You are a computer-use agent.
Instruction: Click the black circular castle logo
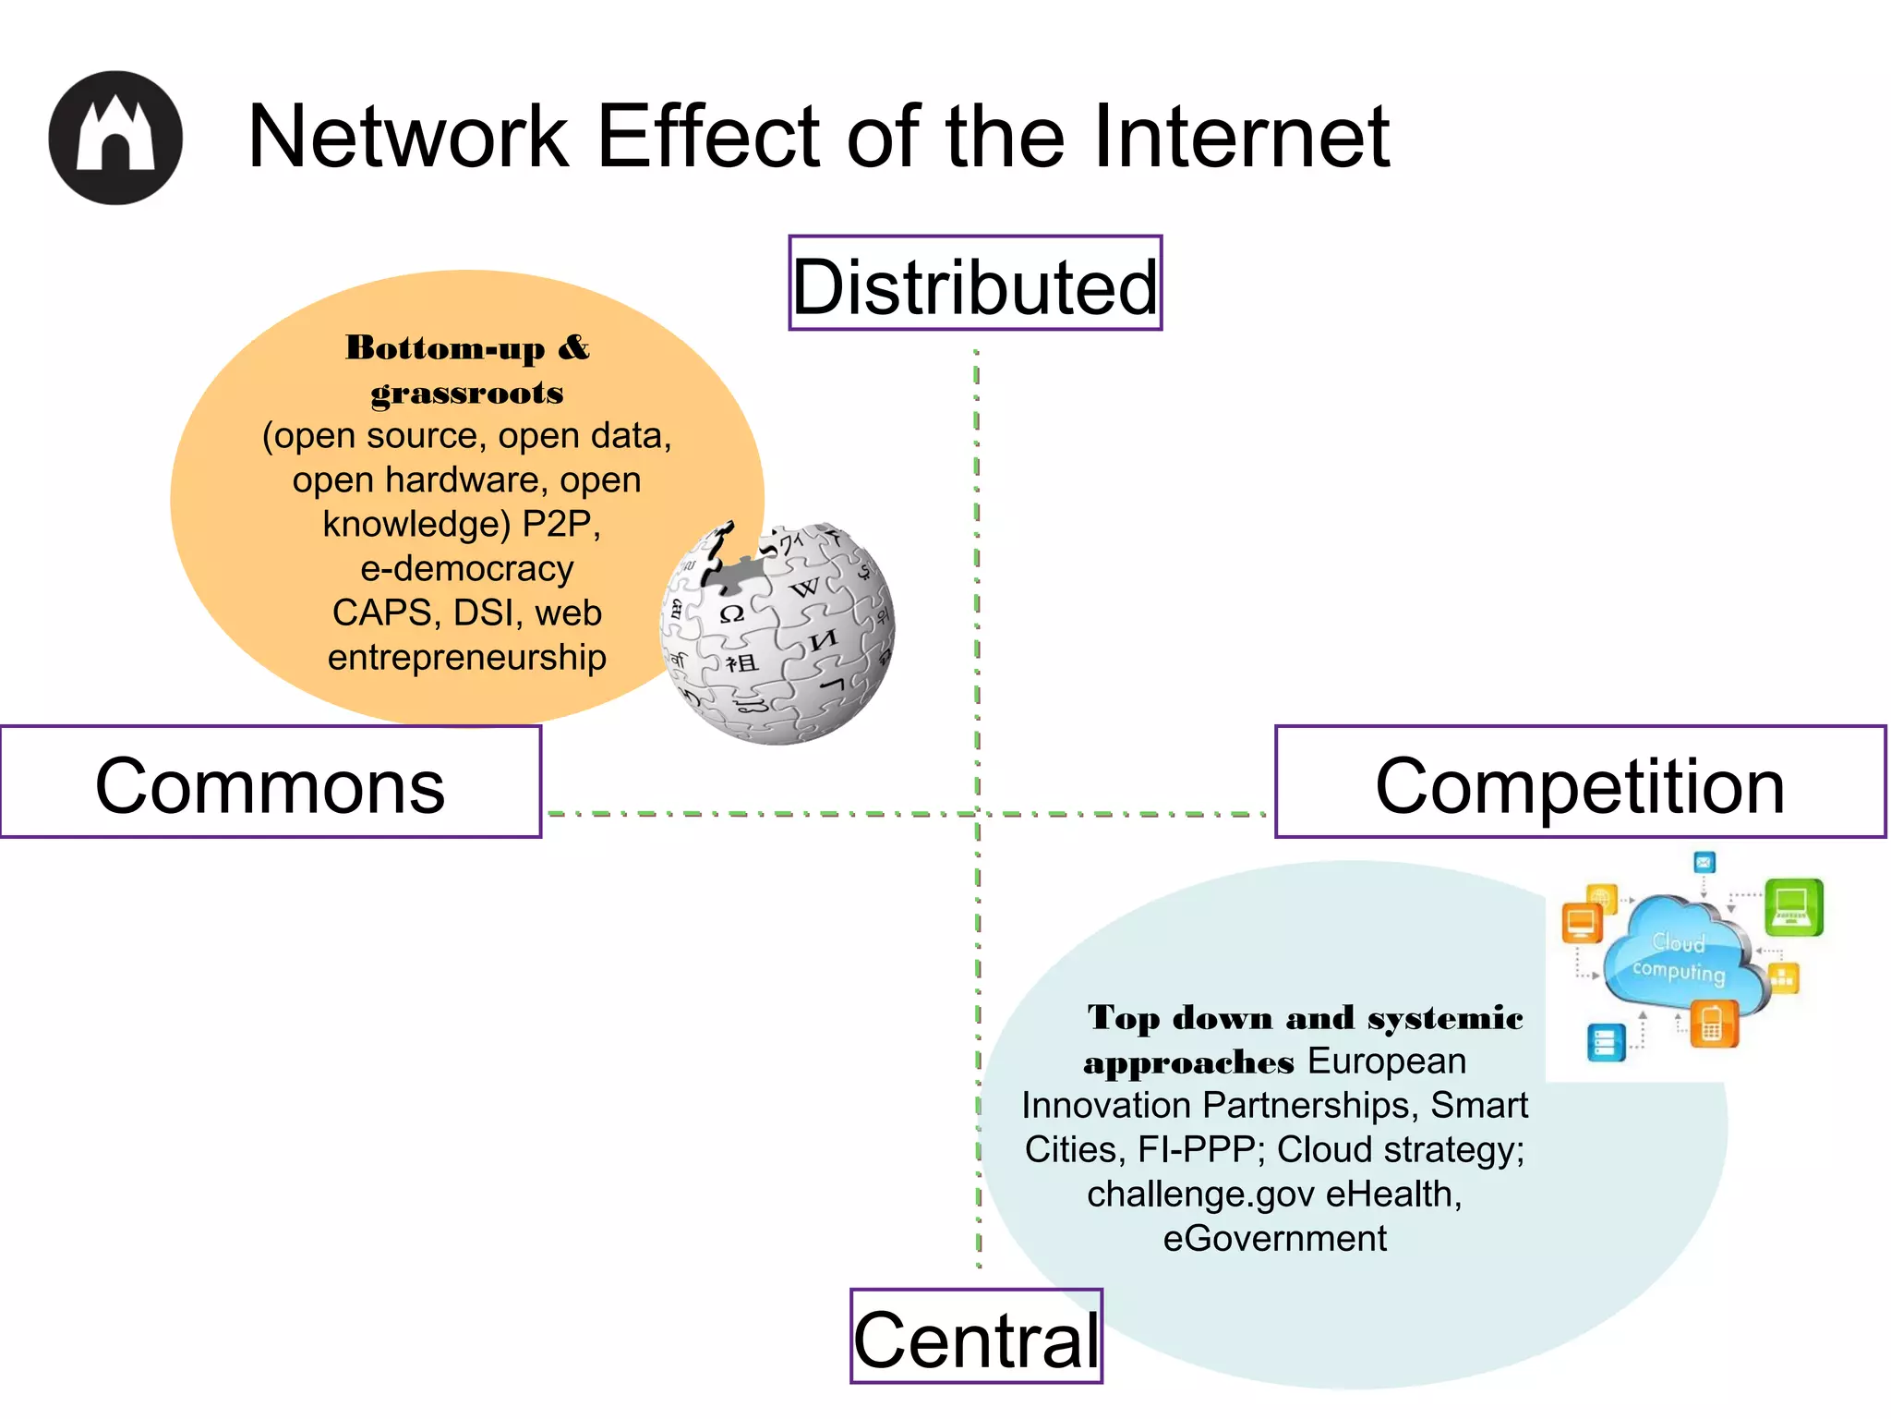115,138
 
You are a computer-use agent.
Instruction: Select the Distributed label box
975,284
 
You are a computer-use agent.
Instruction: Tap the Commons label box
270,782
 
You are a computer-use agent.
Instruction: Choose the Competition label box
1579,782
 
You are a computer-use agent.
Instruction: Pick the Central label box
976,1337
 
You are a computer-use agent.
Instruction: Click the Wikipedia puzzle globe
777,634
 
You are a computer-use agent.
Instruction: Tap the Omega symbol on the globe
731,613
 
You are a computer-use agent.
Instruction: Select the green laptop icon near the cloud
1792,906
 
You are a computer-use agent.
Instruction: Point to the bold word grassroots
467,393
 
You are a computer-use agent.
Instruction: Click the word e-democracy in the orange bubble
467,568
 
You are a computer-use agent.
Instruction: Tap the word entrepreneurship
467,657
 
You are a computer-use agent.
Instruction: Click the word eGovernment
1274,1238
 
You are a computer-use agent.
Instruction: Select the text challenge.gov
1200,1194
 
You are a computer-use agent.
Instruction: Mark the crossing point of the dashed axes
978,814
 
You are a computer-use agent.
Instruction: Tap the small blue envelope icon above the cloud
1704,862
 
